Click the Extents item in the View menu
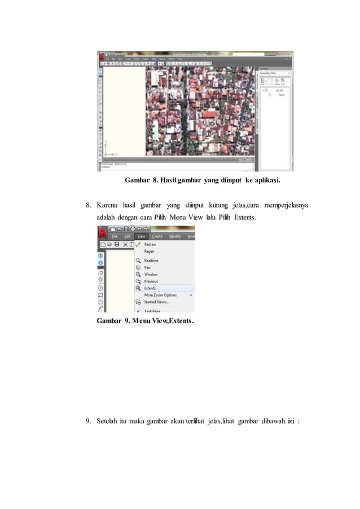150,288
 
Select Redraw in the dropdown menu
150,244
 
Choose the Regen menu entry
150,251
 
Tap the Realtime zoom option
151,261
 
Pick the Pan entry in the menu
148,267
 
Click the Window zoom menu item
151,274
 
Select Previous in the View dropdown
151,281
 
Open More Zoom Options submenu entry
161,295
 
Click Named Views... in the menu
156,302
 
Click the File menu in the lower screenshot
115,236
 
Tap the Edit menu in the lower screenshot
128,236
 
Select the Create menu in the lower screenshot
157,236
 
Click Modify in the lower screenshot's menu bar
175,236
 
